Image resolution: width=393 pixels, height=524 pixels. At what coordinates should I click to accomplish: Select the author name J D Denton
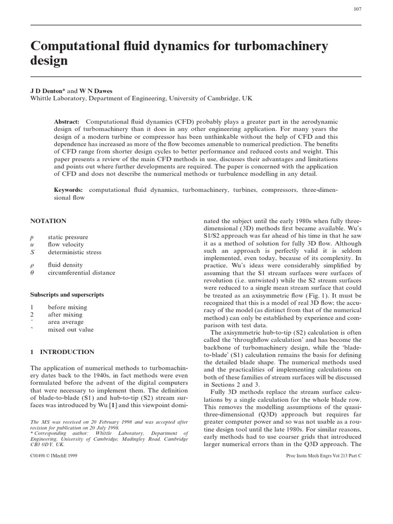pos(50,91)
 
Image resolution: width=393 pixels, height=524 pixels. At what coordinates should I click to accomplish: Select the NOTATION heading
pos(48,221)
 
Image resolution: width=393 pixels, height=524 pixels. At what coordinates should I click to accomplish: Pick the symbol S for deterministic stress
pos(32,252)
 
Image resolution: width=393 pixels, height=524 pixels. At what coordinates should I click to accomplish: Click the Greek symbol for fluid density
pos(32,265)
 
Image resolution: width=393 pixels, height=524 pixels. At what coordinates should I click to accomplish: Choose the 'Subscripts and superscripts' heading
pos(67,295)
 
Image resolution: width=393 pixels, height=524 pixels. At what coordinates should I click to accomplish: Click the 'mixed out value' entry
pos(71,330)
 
